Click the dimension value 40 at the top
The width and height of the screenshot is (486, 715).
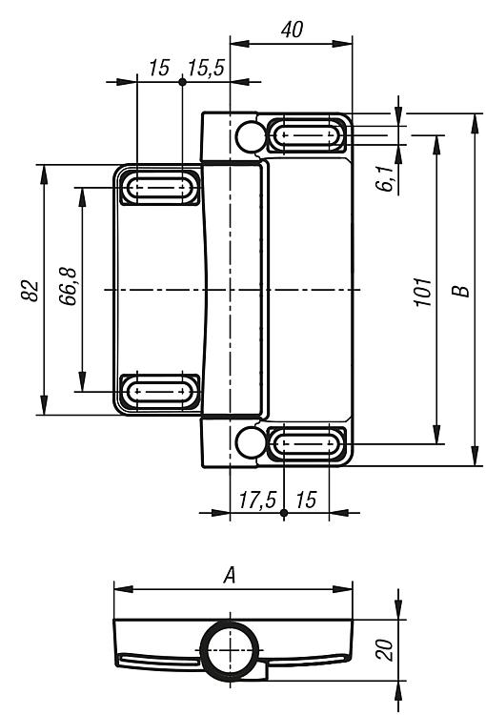coord(292,31)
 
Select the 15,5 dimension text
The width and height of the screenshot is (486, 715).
coord(207,68)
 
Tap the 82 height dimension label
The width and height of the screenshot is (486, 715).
coord(30,290)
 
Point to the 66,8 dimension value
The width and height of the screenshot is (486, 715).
coord(68,287)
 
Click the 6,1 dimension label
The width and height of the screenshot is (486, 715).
coord(386,178)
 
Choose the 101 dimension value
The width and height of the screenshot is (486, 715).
coord(423,292)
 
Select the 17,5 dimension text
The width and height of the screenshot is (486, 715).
coord(257,500)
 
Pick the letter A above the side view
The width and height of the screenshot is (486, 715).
coord(230,575)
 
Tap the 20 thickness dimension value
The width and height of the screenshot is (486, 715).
coord(384,650)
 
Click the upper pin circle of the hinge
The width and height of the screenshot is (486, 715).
coord(251,136)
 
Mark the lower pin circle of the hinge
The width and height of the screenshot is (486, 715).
coord(251,441)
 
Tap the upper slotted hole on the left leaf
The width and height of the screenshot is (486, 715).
coord(159,187)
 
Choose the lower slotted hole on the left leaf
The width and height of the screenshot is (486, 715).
coord(159,391)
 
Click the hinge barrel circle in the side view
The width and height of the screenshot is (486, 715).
coord(231,650)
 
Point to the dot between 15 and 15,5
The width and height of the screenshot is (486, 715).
coord(182,82)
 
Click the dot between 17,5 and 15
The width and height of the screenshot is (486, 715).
coord(284,513)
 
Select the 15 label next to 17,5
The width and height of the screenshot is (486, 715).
coord(306,500)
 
